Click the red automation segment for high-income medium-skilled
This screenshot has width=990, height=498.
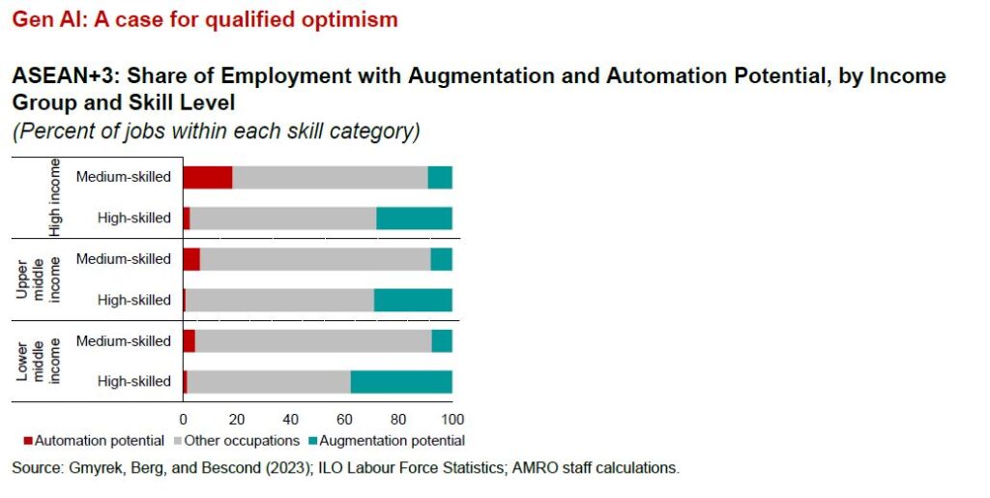[x=208, y=177]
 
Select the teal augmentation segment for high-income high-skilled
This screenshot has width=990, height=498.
[x=414, y=218]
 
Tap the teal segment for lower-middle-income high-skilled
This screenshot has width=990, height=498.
[x=401, y=382]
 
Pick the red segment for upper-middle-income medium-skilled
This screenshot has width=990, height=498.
[x=191, y=259]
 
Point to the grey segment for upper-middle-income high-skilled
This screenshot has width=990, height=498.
[x=279, y=300]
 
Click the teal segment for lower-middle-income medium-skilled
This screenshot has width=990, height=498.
[x=442, y=341]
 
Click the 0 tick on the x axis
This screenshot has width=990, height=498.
[x=183, y=420]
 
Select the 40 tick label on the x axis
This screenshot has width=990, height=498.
[x=290, y=420]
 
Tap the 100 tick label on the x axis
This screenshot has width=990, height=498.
[x=452, y=420]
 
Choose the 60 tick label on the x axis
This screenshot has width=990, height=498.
[x=343, y=420]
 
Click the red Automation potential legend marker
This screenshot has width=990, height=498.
[x=28, y=441]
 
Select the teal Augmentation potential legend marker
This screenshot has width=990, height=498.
[x=311, y=441]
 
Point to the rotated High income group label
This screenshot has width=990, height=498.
[x=55, y=196]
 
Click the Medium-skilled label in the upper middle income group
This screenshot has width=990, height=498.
[x=123, y=259]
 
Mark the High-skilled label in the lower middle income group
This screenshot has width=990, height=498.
[x=134, y=382]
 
